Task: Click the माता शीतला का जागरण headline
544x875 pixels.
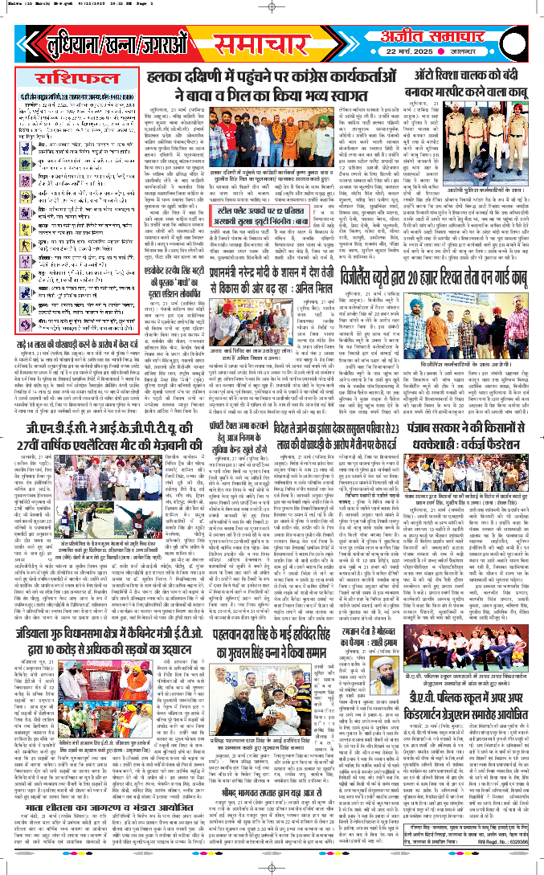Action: click(x=80, y=804)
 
